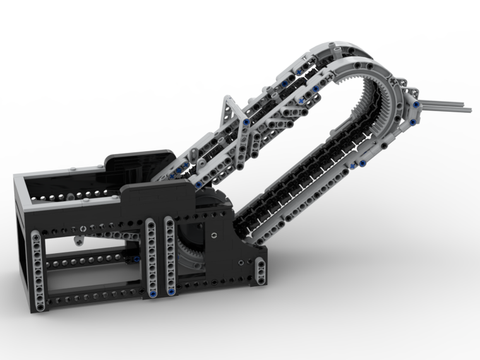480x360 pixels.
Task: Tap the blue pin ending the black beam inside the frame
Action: click(x=136, y=259)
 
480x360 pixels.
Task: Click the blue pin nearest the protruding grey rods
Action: click(x=417, y=104)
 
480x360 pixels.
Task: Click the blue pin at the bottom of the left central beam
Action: click(x=153, y=294)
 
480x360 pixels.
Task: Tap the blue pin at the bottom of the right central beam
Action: click(x=170, y=291)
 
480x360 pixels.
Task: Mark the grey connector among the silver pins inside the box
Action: click(x=70, y=197)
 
